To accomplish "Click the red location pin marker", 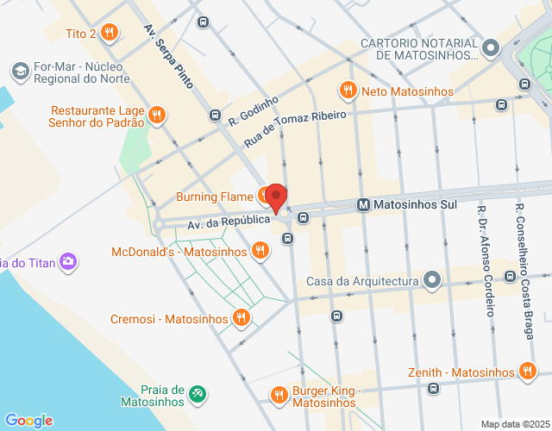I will pos(276,197).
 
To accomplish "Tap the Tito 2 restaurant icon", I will pos(109,34).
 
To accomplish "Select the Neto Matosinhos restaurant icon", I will pos(348,90).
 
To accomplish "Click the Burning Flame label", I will pos(215,197).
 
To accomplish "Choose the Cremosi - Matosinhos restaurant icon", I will pos(241,318).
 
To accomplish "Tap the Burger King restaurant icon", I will pos(279,395).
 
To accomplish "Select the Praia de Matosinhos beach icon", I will pos(198,394).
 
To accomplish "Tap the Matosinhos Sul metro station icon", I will pos(364,205).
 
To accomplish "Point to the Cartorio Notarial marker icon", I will pos(491,47).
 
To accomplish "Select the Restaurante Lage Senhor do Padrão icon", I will pos(156,115).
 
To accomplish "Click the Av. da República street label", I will pos(229,222).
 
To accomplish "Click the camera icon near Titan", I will pos(68,261).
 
